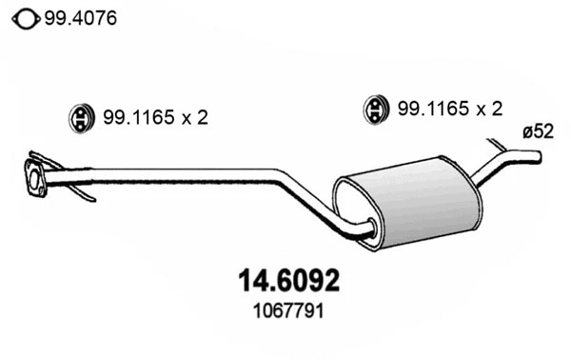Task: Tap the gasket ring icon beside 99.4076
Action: (26, 18)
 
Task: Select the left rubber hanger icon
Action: (80, 118)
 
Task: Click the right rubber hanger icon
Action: (375, 110)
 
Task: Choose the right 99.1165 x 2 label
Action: (447, 109)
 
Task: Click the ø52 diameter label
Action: (538, 133)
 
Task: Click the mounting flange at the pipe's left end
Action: (35, 177)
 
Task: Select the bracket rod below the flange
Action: (81, 193)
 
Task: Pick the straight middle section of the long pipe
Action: (171, 173)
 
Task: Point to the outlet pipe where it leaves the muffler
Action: (481, 176)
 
